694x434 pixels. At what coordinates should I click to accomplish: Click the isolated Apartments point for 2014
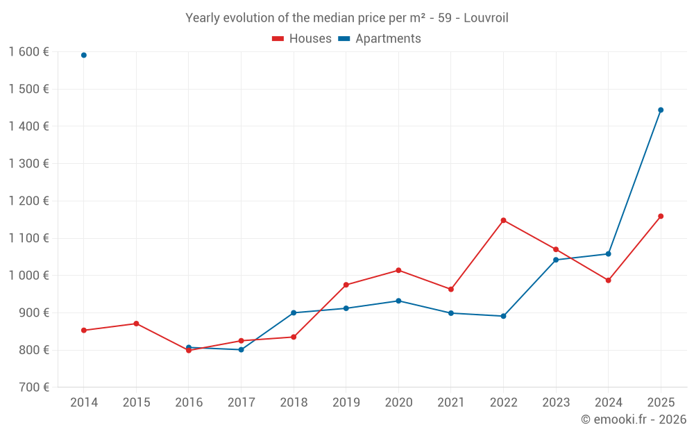click(84, 55)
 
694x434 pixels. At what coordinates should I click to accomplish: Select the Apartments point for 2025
click(661, 110)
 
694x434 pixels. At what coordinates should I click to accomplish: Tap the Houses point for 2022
click(503, 220)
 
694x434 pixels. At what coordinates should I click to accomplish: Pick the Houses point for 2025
click(661, 216)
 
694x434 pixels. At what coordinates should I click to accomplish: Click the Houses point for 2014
click(84, 331)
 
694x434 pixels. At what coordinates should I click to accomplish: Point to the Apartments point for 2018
click(294, 312)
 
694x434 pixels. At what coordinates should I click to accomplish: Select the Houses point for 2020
click(398, 270)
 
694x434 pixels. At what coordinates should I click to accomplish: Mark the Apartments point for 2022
click(503, 316)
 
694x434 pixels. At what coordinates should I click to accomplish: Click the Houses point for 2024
click(608, 281)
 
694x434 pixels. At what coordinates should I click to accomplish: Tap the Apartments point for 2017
click(241, 349)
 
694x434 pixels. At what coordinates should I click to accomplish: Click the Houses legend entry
click(303, 39)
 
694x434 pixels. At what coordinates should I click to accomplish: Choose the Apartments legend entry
click(380, 39)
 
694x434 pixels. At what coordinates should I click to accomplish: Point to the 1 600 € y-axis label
click(28, 52)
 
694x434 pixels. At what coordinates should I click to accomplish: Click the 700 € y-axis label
click(33, 387)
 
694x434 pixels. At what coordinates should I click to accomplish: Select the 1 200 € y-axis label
click(28, 201)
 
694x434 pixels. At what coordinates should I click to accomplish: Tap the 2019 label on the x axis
click(346, 403)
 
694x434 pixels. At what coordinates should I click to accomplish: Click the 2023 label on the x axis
click(555, 403)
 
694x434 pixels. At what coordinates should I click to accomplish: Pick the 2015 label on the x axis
click(136, 403)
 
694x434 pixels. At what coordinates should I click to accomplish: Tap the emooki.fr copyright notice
click(634, 419)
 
